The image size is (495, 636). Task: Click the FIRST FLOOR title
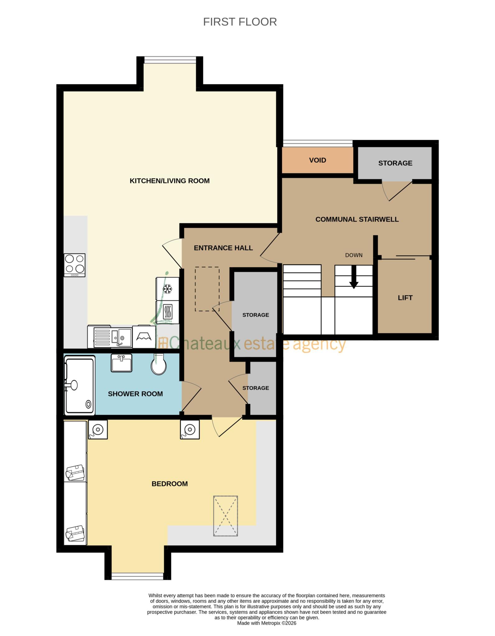(x=240, y=22)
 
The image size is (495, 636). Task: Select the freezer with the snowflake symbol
(x=168, y=289)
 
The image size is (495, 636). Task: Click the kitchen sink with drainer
(x=113, y=337)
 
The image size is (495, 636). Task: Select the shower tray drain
(x=89, y=404)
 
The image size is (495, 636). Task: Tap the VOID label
(x=317, y=160)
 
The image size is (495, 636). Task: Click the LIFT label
(x=405, y=298)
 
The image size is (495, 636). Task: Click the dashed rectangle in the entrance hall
(x=207, y=289)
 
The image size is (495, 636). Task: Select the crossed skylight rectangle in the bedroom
(x=225, y=516)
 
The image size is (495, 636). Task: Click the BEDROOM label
(x=169, y=484)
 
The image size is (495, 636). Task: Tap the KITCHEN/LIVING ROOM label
(x=169, y=181)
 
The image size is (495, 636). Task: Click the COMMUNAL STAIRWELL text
(x=357, y=219)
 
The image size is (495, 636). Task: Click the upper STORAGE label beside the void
(x=395, y=163)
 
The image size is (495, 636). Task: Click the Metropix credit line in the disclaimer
(x=266, y=623)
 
